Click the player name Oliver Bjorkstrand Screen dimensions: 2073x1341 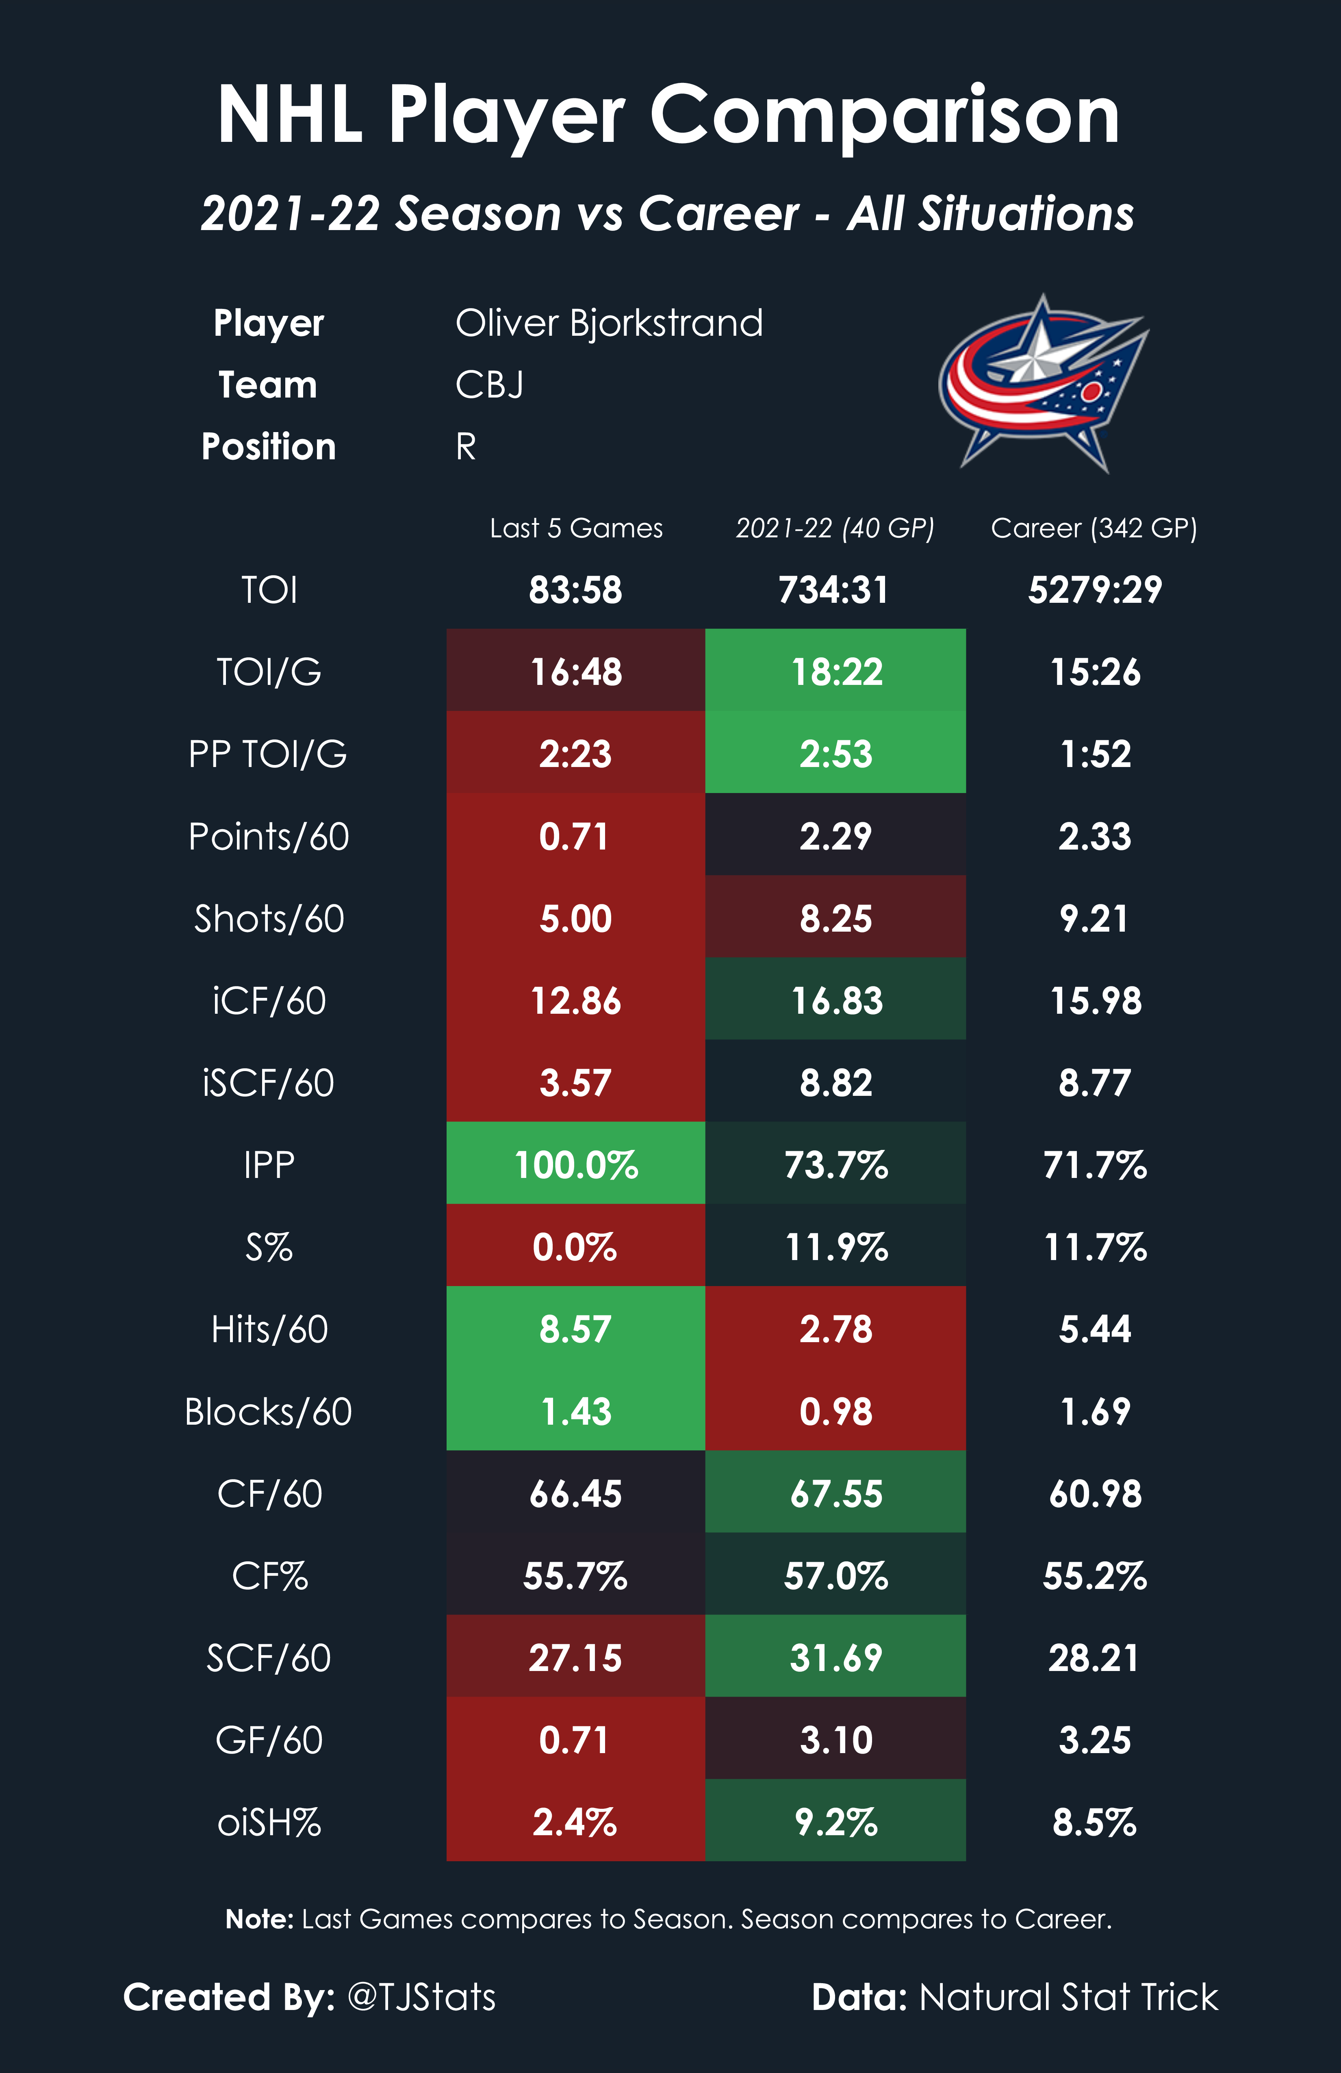(609, 323)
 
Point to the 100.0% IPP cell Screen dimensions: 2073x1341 (575, 1165)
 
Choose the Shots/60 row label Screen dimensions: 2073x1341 (269, 919)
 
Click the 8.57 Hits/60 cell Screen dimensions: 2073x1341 (575, 1329)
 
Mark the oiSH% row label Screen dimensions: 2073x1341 (269, 1822)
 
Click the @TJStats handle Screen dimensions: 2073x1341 (421, 1996)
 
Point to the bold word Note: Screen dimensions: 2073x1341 (260, 1919)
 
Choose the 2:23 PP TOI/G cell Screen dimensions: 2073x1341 (575, 754)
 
